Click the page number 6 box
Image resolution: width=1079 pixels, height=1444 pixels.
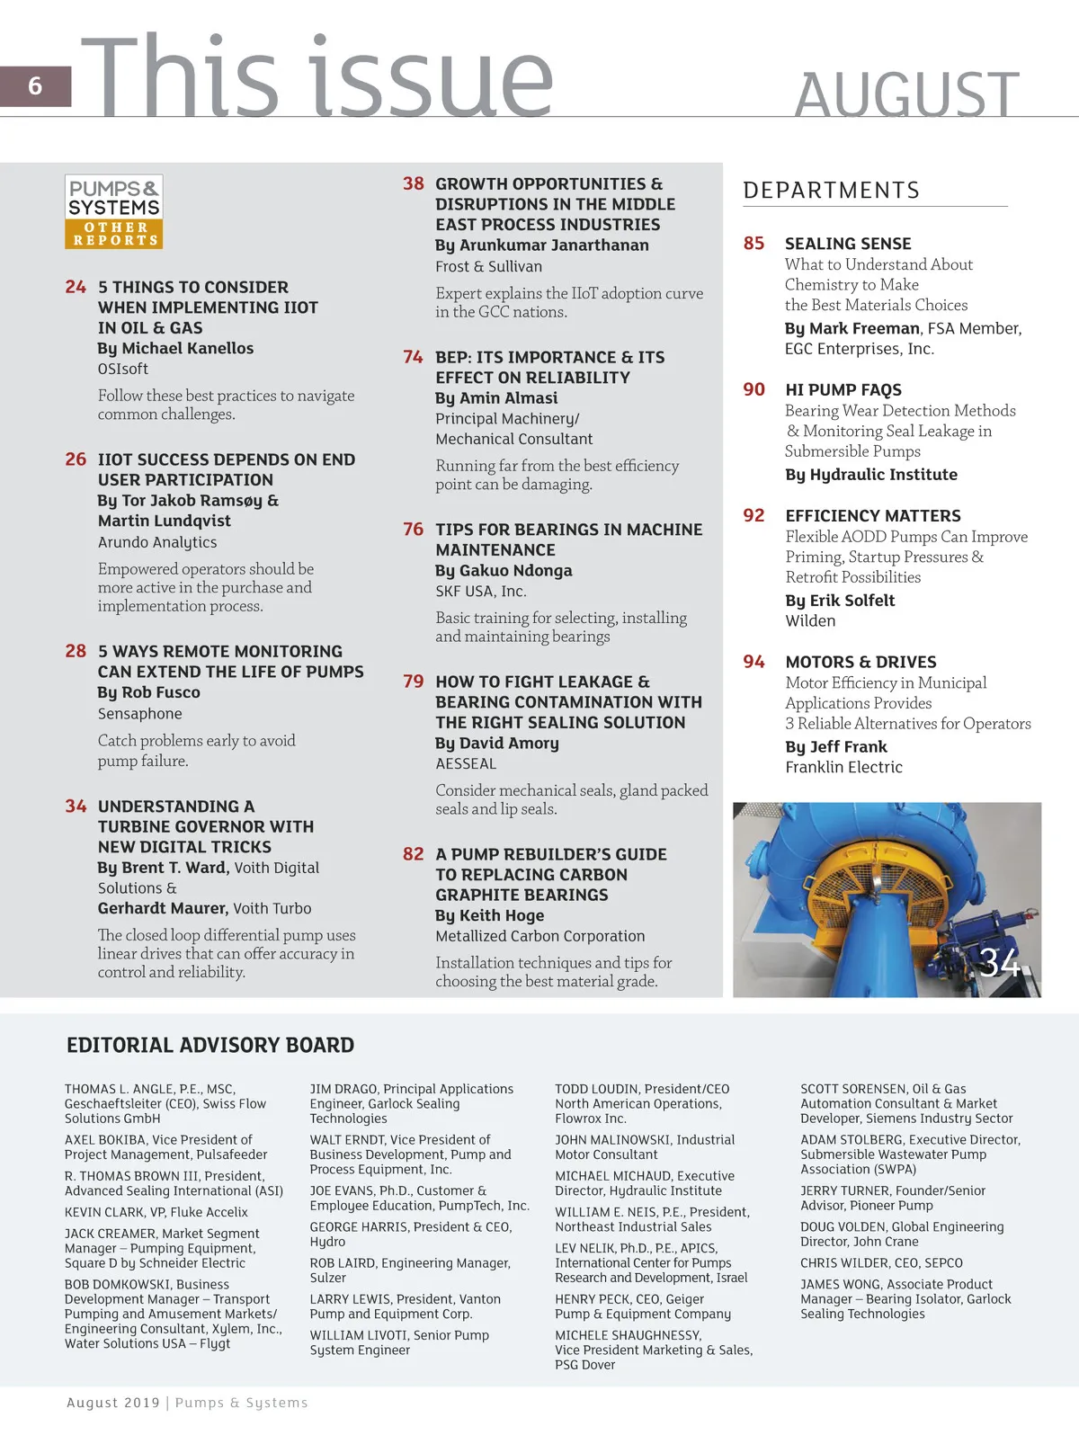[35, 86]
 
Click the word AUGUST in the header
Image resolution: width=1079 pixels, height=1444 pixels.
[906, 94]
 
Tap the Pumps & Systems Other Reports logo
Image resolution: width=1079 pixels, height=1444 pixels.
[114, 211]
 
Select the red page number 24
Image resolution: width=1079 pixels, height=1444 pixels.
[76, 287]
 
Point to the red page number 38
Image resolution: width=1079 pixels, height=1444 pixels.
[414, 183]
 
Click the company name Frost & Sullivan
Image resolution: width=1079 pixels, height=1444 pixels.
[488, 266]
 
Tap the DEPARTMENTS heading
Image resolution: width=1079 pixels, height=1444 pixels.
[831, 191]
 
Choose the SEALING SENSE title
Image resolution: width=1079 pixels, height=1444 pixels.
[848, 244]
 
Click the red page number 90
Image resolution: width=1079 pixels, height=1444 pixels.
[754, 389]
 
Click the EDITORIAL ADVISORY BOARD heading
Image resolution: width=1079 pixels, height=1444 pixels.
[210, 1045]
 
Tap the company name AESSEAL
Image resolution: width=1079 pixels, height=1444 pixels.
[466, 763]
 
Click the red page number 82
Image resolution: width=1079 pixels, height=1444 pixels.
[414, 854]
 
